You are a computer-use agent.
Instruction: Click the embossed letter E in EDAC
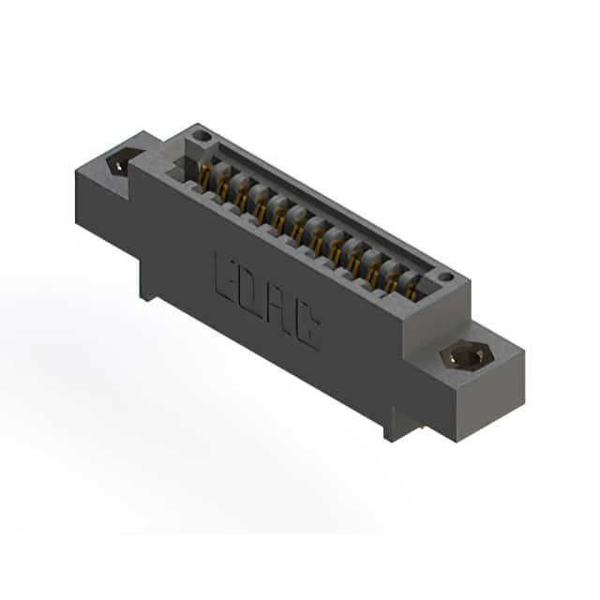pos(227,275)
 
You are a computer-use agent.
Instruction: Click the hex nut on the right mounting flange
pos(467,356)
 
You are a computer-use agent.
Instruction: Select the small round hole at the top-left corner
pos(202,136)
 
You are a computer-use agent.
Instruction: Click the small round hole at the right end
pos(445,277)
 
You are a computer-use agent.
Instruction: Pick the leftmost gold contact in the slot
pos(205,178)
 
